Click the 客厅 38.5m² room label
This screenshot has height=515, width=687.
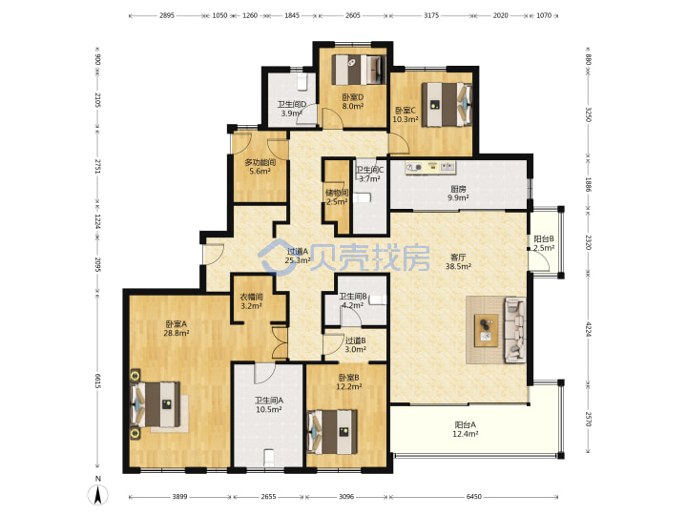[458, 261]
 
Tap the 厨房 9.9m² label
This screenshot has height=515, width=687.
[458, 193]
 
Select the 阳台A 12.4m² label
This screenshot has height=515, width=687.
[465, 429]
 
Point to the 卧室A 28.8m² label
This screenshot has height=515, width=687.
[177, 328]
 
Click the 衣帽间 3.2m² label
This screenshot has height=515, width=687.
[252, 301]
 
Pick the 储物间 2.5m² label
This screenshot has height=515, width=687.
[337, 197]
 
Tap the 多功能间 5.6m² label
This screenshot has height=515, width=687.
[260, 167]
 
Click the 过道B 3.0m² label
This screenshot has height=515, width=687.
[355, 344]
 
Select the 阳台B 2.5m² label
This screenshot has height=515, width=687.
[544, 243]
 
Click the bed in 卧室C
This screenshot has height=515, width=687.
[447, 105]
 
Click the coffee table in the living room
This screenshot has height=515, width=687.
[487, 331]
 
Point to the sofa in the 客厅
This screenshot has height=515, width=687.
[515, 330]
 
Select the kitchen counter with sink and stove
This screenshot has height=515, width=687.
[430, 168]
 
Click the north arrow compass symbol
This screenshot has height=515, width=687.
[98, 495]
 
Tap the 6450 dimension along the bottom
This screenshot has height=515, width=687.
[473, 497]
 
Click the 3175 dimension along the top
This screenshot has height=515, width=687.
[431, 15]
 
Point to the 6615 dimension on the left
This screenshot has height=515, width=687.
[97, 381]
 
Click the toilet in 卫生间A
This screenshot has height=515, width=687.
[269, 458]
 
